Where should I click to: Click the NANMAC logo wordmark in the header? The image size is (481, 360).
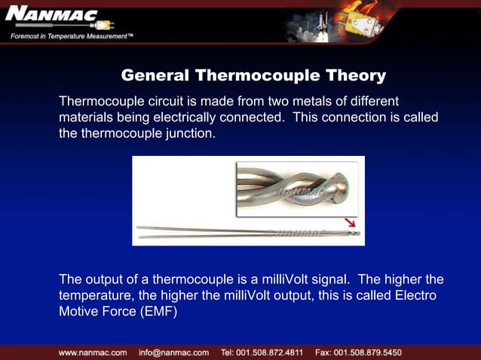[x=47, y=16]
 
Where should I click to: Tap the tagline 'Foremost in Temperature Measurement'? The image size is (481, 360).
[x=72, y=37]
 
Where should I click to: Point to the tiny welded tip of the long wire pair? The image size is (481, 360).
[x=356, y=233]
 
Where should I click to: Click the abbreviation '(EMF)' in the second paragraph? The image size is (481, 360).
[x=154, y=312]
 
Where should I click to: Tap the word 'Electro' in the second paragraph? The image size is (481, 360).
[x=415, y=295]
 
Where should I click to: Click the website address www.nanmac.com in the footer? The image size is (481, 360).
[x=93, y=352]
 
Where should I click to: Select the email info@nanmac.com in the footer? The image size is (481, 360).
[x=173, y=352]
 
